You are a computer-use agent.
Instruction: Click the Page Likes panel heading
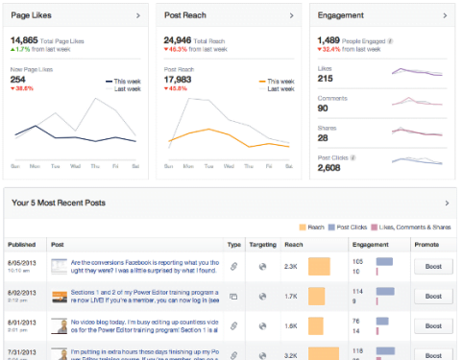[x=32, y=17]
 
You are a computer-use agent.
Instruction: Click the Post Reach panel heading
[x=184, y=17]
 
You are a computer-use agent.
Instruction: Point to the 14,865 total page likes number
[x=24, y=40]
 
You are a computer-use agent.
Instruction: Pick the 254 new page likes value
[x=18, y=79]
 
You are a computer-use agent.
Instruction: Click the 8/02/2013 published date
[x=21, y=291]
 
